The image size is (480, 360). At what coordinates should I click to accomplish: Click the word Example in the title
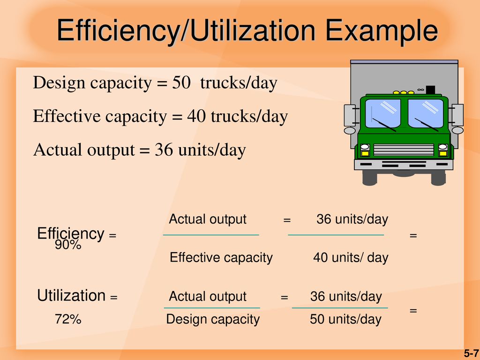coord(382,31)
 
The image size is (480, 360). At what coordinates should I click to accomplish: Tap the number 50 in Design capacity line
coord(181,82)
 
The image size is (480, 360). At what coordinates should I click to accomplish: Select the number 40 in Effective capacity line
coord(196,116)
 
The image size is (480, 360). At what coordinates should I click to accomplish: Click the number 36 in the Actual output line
coord(164,150)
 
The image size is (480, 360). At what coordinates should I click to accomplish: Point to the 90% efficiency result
coord(68,245)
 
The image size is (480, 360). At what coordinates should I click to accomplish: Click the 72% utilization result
coord(68,319)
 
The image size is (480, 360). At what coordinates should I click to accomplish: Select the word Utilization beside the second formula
coord(71,295)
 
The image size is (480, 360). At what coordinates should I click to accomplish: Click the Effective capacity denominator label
coord(221,258)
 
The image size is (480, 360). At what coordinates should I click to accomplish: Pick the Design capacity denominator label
coord(213,320)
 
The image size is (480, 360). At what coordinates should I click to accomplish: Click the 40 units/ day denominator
coord(351,257)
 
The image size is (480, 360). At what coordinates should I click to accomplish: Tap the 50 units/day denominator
coord(345,319)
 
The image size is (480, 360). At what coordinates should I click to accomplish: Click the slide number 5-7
coord(472,353)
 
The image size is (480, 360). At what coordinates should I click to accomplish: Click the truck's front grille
coord(404,150)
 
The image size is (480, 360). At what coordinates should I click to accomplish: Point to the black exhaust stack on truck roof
coord(430,90)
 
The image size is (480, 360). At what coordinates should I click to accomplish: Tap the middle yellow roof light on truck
coord(404,92)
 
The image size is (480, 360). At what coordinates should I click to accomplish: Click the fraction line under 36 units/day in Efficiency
coord(336,235)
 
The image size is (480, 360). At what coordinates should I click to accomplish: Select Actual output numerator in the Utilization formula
coord(208,296)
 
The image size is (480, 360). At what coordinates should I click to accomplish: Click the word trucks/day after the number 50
coord(239,82)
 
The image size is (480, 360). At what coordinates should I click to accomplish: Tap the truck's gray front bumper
coord(404,165)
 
